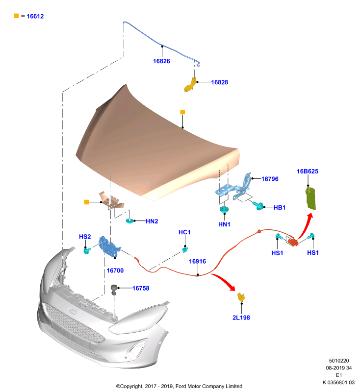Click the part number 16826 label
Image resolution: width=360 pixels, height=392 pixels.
161,61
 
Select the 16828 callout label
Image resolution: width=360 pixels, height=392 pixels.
219,82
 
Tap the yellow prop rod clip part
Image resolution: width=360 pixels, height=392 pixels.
190,85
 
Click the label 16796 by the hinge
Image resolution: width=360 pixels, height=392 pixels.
270,179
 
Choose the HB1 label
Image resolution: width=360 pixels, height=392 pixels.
279,207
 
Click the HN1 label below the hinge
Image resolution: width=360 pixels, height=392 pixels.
224,224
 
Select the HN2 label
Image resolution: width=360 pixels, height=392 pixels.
152,221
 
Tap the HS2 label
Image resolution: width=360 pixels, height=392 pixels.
85,237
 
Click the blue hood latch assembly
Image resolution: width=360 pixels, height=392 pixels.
109,246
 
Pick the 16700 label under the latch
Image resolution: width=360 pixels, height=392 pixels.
115,270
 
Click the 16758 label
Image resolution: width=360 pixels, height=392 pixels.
141,288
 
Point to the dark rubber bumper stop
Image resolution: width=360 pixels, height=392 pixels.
114,290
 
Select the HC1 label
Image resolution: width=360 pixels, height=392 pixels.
184,232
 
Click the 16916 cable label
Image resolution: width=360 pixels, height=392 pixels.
197,261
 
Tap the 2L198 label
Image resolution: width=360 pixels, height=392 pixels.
241,318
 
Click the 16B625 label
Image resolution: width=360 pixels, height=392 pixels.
308,171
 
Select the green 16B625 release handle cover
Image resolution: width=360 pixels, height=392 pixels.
310,198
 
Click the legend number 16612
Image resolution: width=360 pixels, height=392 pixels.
35,16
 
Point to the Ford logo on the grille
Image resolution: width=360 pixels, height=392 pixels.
72,312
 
